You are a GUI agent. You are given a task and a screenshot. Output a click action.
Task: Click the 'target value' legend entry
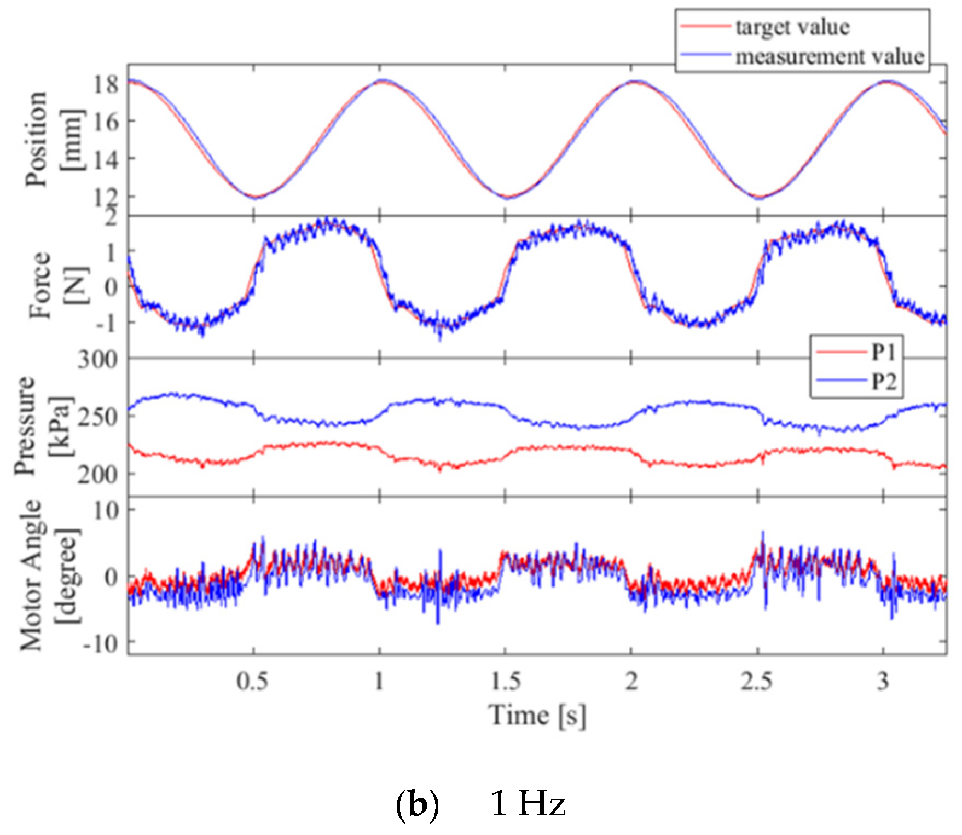click(x=792, y=27)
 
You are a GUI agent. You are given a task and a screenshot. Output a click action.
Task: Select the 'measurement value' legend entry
click(x=829, y=56)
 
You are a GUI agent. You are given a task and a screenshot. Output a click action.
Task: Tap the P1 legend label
click(x=884, y=353)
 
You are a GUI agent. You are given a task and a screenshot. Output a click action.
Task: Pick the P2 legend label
click(x=884, y=382)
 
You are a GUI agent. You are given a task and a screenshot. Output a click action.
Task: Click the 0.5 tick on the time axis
click(x=252, y=682)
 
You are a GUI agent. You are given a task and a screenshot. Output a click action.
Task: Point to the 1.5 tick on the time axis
click(x=505, y=682)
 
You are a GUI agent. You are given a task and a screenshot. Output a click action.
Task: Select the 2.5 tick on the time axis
click(x=757, y=682)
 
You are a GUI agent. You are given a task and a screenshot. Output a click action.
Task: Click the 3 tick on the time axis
click(x=882, y=682)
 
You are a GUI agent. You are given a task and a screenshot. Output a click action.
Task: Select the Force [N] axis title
click(x=57, y=286)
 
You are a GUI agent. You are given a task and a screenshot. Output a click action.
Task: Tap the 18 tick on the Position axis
click(x=106, y=84)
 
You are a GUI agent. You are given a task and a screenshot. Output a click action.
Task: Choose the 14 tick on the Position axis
click(x=106, y=159)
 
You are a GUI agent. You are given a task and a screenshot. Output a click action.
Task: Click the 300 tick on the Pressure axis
click(x=97, y=360)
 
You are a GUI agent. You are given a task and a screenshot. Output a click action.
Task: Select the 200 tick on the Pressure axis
click(x=97, y=474)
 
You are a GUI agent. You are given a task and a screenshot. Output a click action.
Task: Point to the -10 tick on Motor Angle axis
click(x=101, y=644)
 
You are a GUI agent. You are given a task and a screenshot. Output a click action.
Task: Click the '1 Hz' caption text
click(x=528, y=804)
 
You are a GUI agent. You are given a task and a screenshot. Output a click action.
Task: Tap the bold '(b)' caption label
click(x=417, y=804)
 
